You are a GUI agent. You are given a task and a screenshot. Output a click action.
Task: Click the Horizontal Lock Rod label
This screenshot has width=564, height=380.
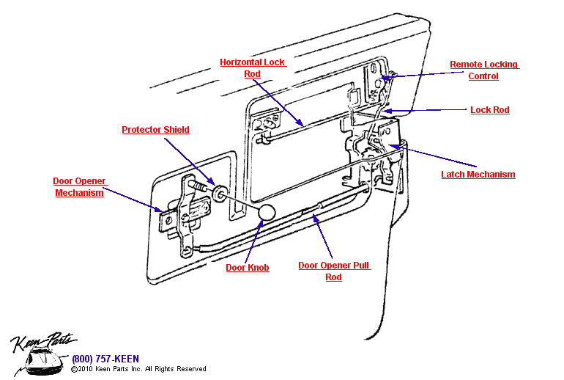tap(253, 68)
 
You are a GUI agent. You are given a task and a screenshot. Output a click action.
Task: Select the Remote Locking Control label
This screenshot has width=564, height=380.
tap(483, 70)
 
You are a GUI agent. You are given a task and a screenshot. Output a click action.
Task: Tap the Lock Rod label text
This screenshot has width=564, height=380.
tap(489, 110)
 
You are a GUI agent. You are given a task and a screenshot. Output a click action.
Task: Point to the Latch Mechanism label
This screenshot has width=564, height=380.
tap(478, 175)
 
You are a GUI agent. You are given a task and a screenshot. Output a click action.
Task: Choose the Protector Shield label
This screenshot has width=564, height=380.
tap(155, 130)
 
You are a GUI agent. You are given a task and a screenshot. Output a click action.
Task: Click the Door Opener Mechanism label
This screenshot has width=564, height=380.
tap(79, 187)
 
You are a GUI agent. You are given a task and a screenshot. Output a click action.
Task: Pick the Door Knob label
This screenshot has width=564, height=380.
tap(247, 268)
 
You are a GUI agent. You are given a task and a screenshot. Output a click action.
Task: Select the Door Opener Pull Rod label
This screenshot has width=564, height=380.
tap(334, 271)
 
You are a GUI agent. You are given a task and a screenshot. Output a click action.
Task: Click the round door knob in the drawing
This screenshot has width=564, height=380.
tap(267, 213)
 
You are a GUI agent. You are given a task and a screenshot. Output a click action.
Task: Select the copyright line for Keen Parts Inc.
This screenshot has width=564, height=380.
tap(138, 369)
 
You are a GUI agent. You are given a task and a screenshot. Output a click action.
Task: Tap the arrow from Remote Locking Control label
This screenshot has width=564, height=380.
tap(413, 73)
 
